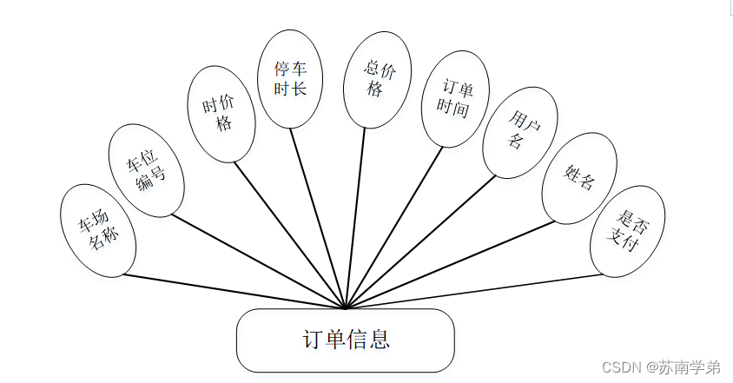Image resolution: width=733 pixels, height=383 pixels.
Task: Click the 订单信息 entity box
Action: pos(345,340)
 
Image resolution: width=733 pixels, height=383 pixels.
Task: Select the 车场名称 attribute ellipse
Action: pos(98,230)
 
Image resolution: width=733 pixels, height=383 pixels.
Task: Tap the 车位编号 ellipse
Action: pos(146,170)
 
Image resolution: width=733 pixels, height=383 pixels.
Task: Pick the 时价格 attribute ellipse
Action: pos(222,114)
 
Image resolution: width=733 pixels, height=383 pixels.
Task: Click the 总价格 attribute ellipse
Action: pos(377,79)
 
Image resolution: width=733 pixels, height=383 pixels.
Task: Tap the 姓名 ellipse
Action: pos(579,177)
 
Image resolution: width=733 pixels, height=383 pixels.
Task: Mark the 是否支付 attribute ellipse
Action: pos(627,231)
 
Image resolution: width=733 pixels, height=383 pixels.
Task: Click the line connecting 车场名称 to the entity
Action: pos(234,292)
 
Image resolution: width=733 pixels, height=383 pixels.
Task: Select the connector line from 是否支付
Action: pos(473,291)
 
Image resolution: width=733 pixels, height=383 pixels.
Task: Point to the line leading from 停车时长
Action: pos(318,217)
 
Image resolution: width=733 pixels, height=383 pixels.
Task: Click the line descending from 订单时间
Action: pos(394,227)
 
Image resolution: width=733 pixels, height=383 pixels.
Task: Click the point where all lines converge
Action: pos(346,307)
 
